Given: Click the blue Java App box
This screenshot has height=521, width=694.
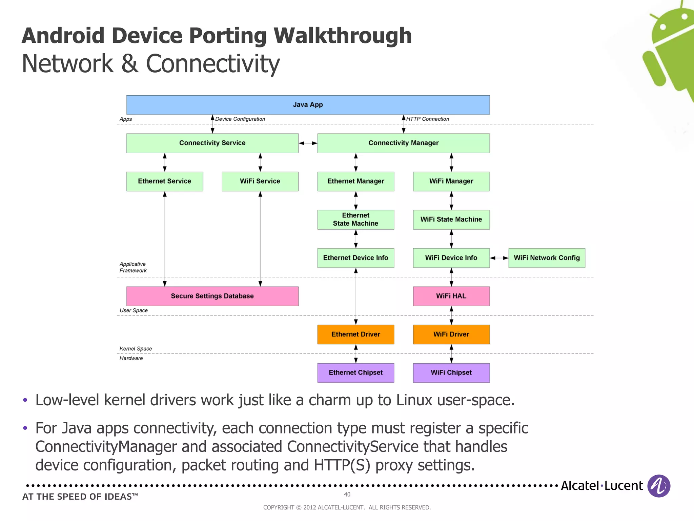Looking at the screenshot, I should (x=308, y=105).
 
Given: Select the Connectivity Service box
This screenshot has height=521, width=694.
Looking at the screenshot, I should (x=212, y=143).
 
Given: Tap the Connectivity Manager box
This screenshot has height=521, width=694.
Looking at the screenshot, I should (x=403, y=143).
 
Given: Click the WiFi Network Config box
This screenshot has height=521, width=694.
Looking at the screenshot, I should (x=547, y=258).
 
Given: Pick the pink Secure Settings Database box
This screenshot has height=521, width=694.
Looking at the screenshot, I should (x=212, y=296).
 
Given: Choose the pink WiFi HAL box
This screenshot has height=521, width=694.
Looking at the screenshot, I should (x=451, y=296).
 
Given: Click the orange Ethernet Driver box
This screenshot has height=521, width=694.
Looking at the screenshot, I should (x=355, y=334).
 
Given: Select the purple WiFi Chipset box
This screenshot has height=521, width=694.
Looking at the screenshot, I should (x=451, y=373).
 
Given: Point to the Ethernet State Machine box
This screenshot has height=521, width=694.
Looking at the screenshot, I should (x=355, y=219).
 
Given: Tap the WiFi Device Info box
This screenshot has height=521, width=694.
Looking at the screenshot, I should (x=451, y=258).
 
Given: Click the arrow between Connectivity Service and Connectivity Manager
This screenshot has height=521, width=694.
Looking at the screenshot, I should (x=308, y=143).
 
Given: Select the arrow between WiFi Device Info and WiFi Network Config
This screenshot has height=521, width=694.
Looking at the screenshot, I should (x=499, y=258).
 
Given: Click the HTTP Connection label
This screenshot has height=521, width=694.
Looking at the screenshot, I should (x=427, y=119).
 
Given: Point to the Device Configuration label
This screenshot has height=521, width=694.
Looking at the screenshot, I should (x=240, y=119).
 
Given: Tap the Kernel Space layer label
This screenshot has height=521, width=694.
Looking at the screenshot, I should (x=136, y=349).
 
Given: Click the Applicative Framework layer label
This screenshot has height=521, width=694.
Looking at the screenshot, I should (x=133, y=267).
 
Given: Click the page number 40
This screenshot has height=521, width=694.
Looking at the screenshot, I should (x=347, y=494).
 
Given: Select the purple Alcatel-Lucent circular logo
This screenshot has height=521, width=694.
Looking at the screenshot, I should (x=658, y=486).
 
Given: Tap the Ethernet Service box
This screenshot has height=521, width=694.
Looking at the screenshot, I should (x=164, y=181).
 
